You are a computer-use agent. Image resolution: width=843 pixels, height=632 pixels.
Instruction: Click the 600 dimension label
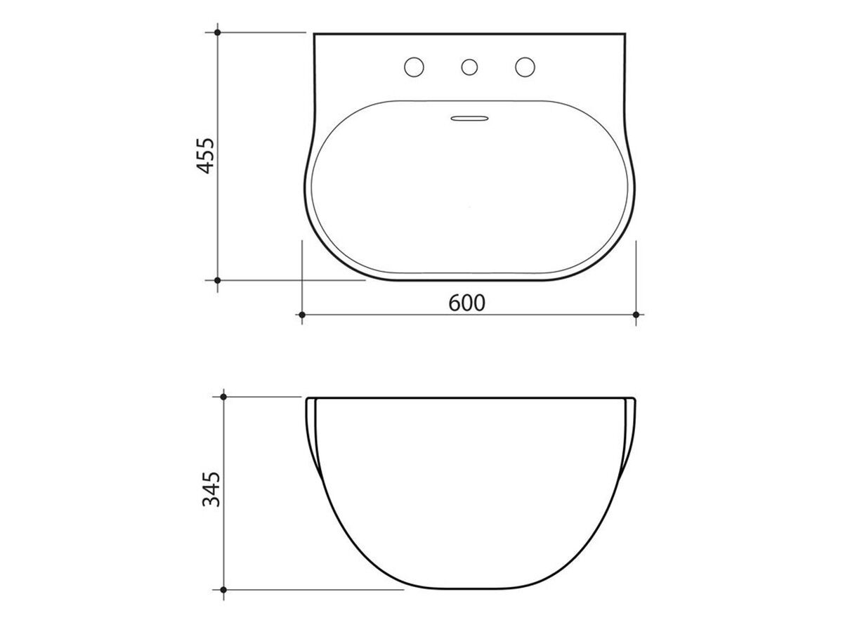point(467,303)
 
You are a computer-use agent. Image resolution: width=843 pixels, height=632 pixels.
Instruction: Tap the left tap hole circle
point(414,67)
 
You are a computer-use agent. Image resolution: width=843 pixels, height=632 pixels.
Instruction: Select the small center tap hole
point(469,67)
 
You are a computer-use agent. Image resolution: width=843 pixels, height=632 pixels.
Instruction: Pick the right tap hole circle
point(524,67)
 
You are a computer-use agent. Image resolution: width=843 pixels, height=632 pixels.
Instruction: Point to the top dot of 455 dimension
point(218,32)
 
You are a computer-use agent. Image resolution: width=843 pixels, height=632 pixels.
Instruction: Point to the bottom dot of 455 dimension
point(218,280)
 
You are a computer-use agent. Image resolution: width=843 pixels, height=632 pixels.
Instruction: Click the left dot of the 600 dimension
point(301,314)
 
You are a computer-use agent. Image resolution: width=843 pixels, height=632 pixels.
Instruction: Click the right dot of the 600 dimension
point(636,314)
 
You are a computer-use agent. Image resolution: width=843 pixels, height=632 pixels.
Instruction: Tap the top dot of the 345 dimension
point(223,397)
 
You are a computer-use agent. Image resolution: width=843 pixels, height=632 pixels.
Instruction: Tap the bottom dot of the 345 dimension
point(223,589)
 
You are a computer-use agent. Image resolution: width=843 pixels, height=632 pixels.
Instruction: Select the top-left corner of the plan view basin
point(315,34)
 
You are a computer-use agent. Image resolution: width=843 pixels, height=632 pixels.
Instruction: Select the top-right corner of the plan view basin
point(624,34)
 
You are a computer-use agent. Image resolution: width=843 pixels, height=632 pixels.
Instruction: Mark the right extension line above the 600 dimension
point(636,274)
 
